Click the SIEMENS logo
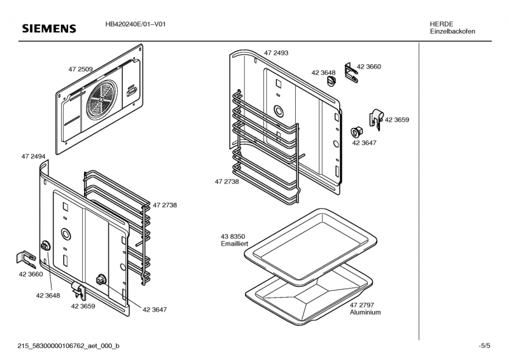tap(49, 29)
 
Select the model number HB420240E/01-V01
tap(136, 24)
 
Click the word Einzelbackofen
tap(452, 31)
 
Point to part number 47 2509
tap(81, 69)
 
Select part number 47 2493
tap(276, 53)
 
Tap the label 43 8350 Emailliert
tap(234, 240)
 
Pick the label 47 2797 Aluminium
tap(365, 309)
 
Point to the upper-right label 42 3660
tap(369, 66)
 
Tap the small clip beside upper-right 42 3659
tap(375, 116)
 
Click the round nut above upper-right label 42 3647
tap(356, 132)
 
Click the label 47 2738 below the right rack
tap(227, 181)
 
